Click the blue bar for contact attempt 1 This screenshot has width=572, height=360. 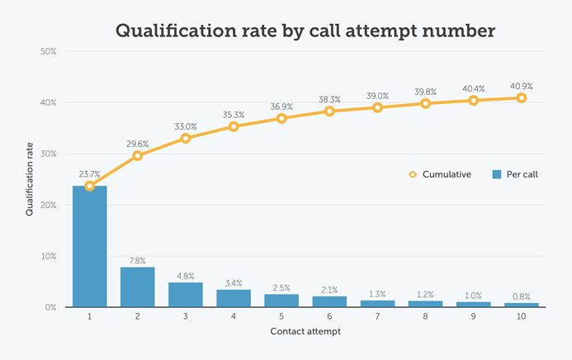[x=89, y=246]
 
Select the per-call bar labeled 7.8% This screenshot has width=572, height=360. [x=137, y=287]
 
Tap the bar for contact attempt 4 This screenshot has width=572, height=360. [x=234, y=298]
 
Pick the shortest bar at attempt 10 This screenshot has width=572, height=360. [x=522, y=305]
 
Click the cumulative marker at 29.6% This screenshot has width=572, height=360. [x=137, y=155]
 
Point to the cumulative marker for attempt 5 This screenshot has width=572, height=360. [x=281, y=118]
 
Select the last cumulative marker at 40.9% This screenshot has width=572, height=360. [x=522, y=97]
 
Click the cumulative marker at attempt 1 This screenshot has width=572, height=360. [x=89, y=186]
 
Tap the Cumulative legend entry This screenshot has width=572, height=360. [x=440, y=174]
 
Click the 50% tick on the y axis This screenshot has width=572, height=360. [x=48, y=51]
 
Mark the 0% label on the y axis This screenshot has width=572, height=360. [x=50, y=307]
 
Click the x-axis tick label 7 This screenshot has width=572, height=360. [x=377, y=317]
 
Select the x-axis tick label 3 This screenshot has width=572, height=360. [x=185, y=317]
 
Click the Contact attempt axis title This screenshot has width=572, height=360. [x=305, y=332]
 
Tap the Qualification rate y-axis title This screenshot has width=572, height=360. [x=29, y=179]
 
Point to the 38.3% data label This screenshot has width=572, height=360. [x=329, y=99]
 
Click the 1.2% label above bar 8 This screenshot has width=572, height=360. [x=425, y=295]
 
